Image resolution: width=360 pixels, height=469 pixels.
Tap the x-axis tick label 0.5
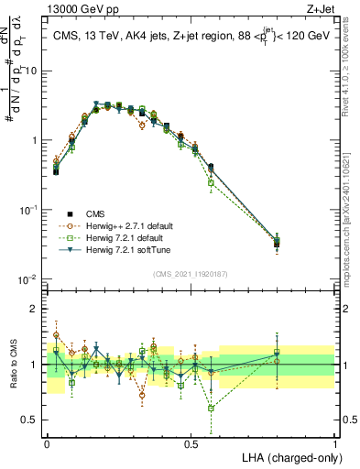[x=191, y=443]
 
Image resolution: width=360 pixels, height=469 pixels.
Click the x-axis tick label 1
[x=335, y=443]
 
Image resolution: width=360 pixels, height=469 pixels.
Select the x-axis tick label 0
[x=47, y=443]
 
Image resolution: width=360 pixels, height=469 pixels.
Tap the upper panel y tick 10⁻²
[x=27, y=279]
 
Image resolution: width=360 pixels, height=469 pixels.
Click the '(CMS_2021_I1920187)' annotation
[x=191, y=273]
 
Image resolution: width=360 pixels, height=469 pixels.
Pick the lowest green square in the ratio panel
[x=212, y=409]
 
